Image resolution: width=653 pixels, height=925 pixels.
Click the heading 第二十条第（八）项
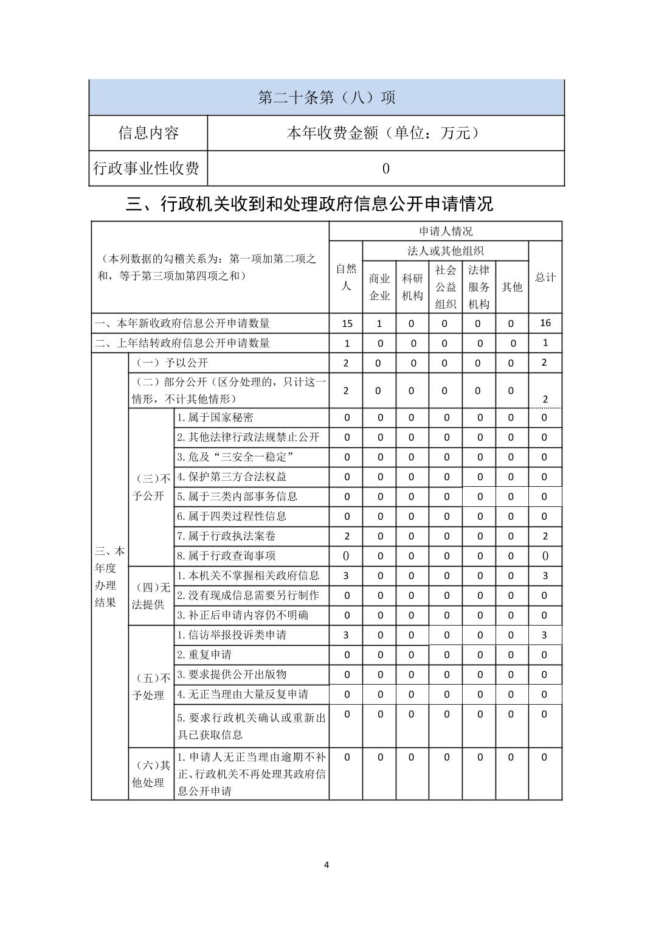[x=326, y=97]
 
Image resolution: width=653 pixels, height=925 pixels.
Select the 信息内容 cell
[x=148, y=133]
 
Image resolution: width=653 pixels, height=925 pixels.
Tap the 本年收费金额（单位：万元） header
[x=385, y=133]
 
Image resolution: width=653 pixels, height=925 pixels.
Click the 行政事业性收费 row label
[x=147, y=168]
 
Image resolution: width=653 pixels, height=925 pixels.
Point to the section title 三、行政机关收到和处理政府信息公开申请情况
[x=309, y=204]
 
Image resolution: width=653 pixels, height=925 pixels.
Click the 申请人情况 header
[x=445, y=231]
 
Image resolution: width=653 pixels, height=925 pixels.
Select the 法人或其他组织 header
[x=445, y=251]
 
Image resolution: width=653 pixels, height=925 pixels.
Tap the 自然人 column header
[x=346, y=277]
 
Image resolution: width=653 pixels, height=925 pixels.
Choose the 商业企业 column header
[x=379, y=287]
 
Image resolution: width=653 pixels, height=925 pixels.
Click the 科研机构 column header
[x=412, y=287]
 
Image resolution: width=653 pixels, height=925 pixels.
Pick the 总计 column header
[x=545, y=277]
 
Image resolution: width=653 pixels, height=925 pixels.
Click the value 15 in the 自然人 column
[x=347, y=324]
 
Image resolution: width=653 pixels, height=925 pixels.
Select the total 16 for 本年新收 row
[x=545, y=323]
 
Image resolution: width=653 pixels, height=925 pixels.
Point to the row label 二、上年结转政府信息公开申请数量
[x=182, y=343]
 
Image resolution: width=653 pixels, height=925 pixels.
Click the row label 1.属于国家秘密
[x=215, y=417]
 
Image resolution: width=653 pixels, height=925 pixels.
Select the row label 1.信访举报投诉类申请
[x=232, y=635]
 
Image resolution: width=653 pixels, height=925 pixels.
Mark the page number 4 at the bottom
[x=326, y=864]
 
